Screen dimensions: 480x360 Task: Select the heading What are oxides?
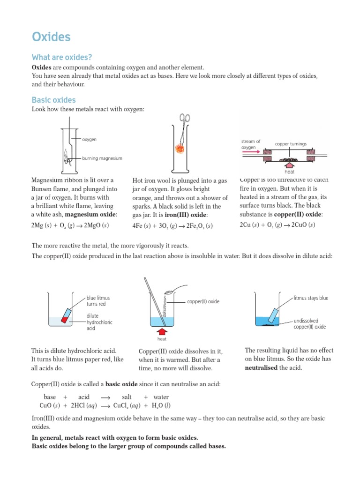pos(61,58)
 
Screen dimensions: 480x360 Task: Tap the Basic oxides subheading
pos(53,100)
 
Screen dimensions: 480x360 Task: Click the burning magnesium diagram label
pos(102,158)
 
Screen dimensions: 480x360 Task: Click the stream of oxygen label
pos(251,144)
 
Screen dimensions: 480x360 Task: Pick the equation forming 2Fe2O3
pos(173,226)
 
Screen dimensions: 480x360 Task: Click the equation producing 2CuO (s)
pos(277,225)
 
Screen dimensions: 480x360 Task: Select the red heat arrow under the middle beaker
pos(161,332)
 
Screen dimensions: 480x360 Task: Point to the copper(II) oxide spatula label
pos(203,301)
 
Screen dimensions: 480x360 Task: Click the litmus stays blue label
pos(311,298)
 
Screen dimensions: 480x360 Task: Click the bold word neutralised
pos(261,368)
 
